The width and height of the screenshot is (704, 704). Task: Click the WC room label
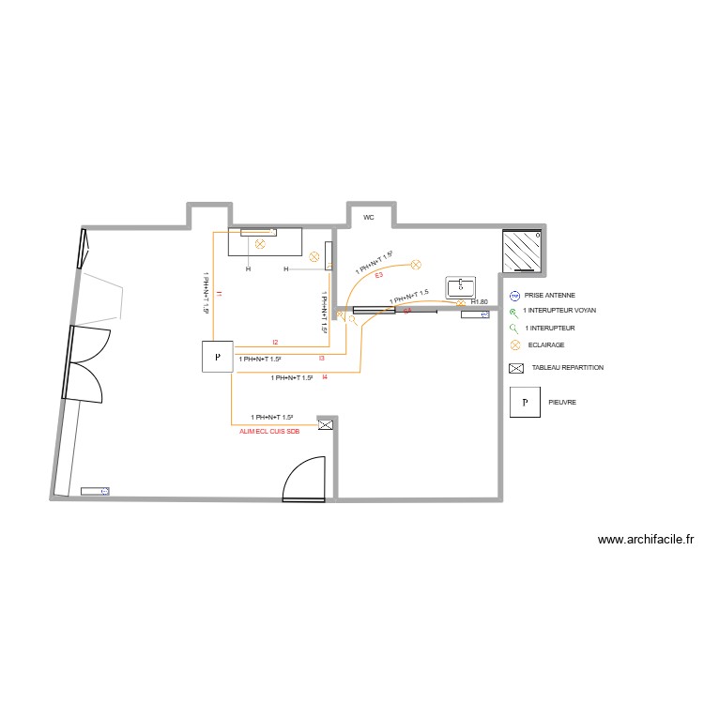369,217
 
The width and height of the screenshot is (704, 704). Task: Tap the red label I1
219,295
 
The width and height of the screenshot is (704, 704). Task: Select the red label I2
275,343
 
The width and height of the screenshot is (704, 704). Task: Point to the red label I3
321,358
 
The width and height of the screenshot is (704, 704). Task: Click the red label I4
324,377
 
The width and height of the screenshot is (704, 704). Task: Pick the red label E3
378,275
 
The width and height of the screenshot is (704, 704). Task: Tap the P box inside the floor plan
217,357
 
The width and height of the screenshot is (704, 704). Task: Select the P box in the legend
526,402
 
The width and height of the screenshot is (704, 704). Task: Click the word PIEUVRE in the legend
562,402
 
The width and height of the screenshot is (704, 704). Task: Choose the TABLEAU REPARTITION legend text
567,368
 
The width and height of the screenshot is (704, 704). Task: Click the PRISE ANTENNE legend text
549,295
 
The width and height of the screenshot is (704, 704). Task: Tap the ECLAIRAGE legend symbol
514,345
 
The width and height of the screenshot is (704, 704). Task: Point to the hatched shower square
523,251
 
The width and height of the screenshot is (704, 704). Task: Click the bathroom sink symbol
461,286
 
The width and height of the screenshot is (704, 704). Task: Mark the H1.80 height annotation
479,302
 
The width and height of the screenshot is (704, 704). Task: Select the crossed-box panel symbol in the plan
326,425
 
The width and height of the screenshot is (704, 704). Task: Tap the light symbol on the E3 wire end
421,265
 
